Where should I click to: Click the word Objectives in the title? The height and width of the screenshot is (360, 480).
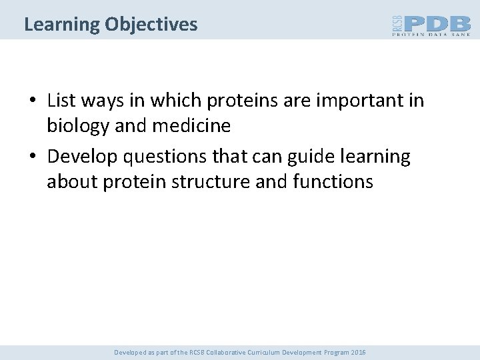click(151, 25)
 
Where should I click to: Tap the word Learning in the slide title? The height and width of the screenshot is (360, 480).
click(62, 25)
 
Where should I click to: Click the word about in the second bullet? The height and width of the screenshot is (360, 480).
click(73, 182)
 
